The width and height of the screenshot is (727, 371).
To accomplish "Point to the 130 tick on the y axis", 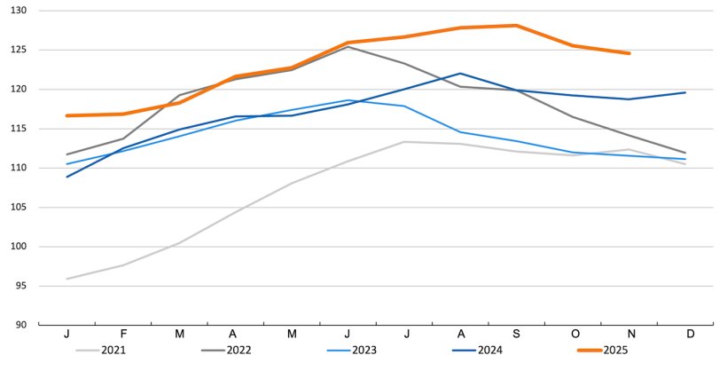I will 18,11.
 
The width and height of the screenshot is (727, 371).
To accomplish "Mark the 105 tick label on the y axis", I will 18,207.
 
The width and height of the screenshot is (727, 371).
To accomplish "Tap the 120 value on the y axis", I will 18,89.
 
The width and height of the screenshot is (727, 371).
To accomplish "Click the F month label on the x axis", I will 123,334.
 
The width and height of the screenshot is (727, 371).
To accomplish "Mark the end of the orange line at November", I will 629,53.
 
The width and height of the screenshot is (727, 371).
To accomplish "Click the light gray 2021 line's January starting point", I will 67,279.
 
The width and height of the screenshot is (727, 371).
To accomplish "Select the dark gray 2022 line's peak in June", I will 348,46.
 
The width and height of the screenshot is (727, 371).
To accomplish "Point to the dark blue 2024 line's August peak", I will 460,74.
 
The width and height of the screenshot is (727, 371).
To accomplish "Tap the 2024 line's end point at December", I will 684,92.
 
